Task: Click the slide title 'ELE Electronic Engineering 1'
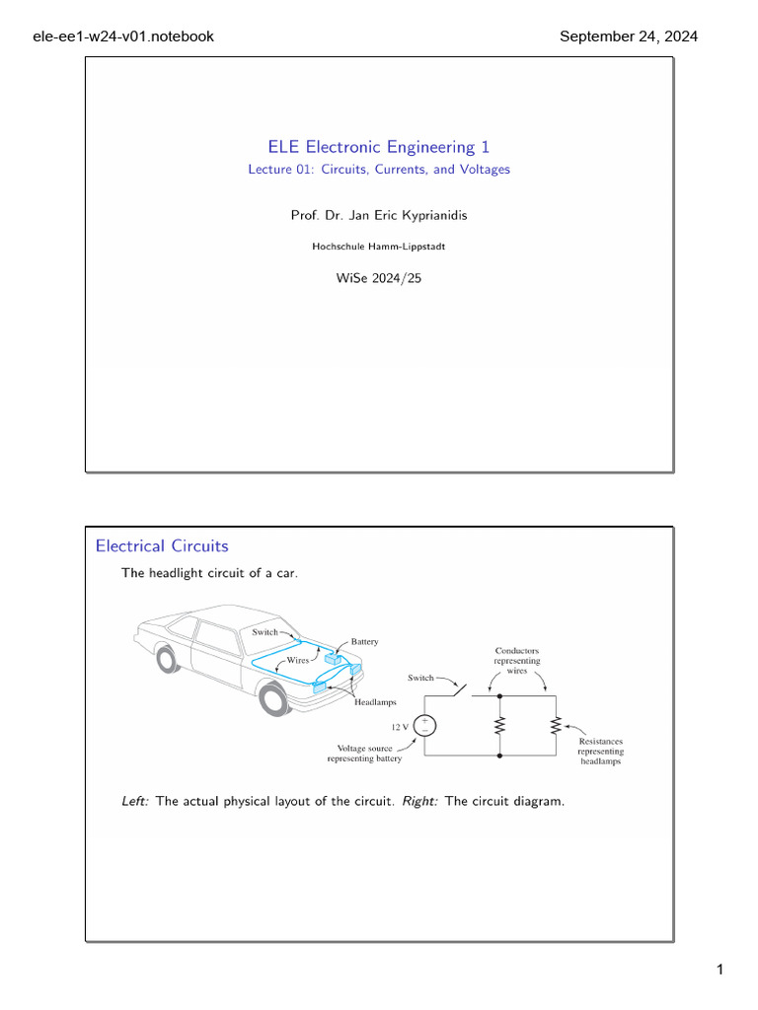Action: pos(379,147)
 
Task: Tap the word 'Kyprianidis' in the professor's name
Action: pos(427,214)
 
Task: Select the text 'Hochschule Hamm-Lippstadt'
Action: pos(379,247)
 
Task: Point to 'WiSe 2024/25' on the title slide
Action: pos(379,278)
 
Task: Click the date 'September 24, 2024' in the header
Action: pos(629,36)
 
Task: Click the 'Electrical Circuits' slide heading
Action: pos(162,545)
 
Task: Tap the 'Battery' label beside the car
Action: pos(364,641)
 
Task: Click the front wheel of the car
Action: pos(273,699)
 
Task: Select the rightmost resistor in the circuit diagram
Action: pos(556,725)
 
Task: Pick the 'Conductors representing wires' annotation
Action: pos(517,660)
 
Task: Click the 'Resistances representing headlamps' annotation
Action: pos(601,751)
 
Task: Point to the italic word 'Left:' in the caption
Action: pos(135,801)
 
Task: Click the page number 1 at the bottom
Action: pos(720,972)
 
